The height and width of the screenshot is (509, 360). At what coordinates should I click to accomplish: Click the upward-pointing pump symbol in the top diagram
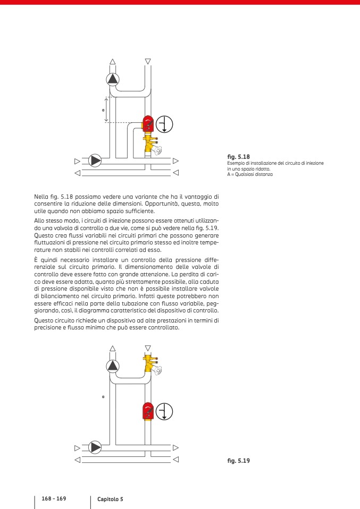pos(113,79)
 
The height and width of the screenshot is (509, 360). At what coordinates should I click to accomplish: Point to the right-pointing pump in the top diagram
pos(95,160)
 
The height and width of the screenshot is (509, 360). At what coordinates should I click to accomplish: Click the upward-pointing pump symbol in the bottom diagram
pos(113,366)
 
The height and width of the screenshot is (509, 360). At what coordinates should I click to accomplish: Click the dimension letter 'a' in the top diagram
pos(103,110)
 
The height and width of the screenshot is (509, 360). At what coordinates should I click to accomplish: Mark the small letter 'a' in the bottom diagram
pos(103,397)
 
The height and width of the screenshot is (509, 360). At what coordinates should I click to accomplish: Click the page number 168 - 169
pos(54,498)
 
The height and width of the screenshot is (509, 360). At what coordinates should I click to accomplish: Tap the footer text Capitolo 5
pos(110,499)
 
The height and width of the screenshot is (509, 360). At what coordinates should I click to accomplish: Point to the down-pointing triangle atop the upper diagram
pos(148,61)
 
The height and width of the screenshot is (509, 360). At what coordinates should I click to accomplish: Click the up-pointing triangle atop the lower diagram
pos(113,349)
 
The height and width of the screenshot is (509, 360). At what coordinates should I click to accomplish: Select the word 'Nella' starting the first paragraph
pos(43,197)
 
